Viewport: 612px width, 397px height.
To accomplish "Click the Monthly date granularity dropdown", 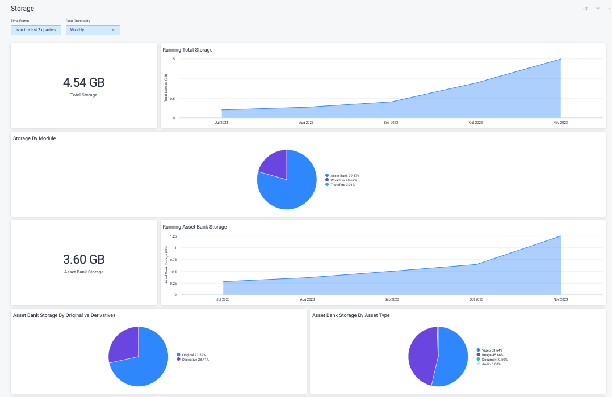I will (93, 30).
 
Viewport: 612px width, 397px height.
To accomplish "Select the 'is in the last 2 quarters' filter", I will (36, 30).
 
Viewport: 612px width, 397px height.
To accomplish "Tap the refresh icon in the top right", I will (585, 9).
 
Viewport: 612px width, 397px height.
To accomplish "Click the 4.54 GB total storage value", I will (84, 83).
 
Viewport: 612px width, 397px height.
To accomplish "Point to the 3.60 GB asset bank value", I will (84, 260).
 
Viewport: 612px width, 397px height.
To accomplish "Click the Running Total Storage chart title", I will (187, 50).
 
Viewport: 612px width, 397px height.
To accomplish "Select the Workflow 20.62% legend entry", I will (343, 180).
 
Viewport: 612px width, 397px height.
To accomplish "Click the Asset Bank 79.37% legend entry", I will (345, 176).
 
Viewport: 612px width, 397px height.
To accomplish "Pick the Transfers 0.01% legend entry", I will (342, 185).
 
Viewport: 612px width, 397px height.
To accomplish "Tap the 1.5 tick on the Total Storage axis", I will (172, 59).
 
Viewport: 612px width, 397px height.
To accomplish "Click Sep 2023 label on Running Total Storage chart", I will (391, 123).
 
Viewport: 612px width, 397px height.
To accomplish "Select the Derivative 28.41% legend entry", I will (195, 360).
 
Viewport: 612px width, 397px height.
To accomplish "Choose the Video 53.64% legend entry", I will (492, 350).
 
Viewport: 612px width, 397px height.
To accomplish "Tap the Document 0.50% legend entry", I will (494, 360).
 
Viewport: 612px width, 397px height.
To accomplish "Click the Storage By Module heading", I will (34, 138).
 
